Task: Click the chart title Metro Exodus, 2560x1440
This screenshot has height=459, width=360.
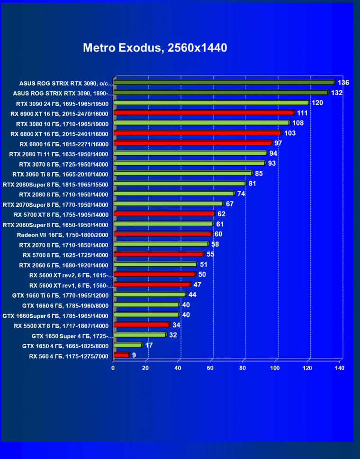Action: [155, 48]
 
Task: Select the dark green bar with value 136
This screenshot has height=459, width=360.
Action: [224, 82]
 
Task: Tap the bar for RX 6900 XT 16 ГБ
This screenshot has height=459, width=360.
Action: [204, 113]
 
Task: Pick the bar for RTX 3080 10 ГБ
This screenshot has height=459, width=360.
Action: [201, 123]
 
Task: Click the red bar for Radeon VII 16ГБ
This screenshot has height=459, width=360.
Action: [162, 234]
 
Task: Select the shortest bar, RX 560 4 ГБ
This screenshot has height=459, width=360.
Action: [121, 355]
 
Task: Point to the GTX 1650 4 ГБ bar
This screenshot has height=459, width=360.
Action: [127, 345]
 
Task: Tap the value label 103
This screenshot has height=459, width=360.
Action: [290, 133]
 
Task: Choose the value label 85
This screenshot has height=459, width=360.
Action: [259, 173]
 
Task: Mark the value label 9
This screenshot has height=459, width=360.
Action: [134, 355]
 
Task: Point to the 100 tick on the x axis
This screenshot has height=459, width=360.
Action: [276, 368]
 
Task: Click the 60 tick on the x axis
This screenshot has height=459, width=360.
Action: [211, 368]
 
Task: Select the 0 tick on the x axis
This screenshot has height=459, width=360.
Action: [113, 368]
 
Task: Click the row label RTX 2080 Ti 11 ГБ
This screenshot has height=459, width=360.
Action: [59, 154]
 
